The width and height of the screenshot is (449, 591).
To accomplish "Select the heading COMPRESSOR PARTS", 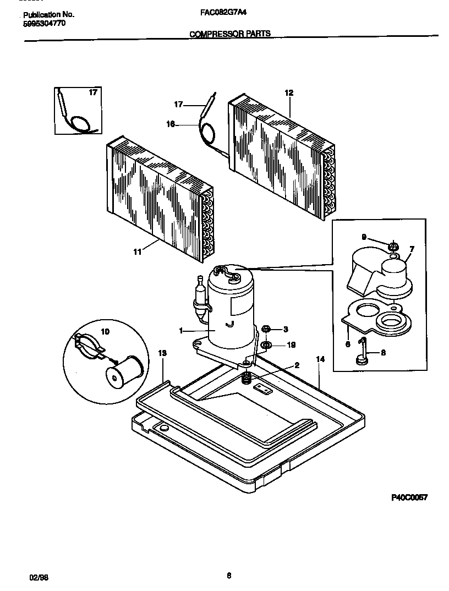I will pyautogui.click(x=230, y=34).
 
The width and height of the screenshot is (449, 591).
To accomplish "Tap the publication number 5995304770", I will pyautogui.click(x=43, y=24).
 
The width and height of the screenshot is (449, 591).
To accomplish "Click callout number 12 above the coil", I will pyautogui.click(x=289, y=93).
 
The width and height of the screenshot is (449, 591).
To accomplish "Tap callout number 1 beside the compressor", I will pyautogui.click(x=181, y=330).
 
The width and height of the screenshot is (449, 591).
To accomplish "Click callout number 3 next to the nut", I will pyautogui.click(x=286, y=330).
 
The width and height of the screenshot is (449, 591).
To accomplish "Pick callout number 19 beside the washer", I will pyautogui.click(x=292, y=346).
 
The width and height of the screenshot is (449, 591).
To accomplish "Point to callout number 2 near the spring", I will pyautogui.click(x=297, y=365).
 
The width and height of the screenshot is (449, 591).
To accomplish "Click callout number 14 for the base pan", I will pyautogui.click(x=321, y=359).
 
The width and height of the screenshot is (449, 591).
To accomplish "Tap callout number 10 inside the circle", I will pyautogui.click(x=105, y=331).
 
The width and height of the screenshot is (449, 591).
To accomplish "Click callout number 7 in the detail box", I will pyautogui.click(x=412, y=249).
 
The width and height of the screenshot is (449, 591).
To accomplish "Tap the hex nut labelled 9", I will pyautogui.click(x=393, y=245).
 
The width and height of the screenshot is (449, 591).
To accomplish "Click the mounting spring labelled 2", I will pyautogui.click(x=247, y=378).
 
